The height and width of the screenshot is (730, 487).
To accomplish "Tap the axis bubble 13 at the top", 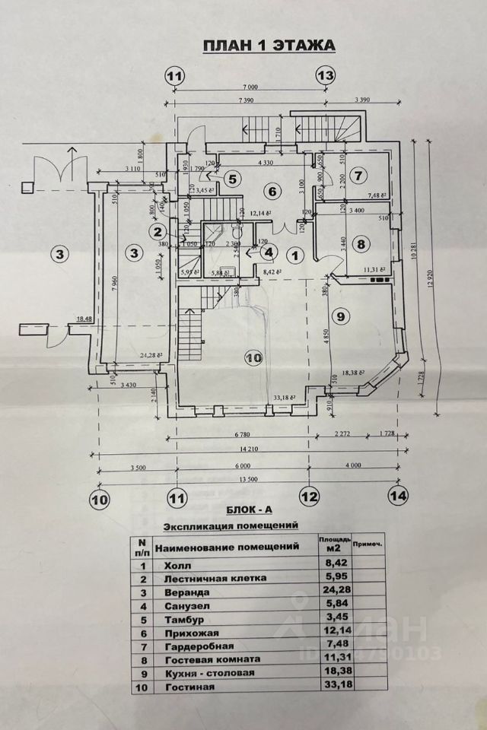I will [x=325, y=76].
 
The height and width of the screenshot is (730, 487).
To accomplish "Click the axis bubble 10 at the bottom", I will [x=100, y=500].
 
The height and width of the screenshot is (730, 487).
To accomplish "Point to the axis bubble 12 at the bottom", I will [x=309, y=497].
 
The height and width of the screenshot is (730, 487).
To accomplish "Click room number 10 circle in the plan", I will [x=254, y=356].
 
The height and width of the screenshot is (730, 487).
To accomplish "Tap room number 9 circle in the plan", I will [x=340, y=316].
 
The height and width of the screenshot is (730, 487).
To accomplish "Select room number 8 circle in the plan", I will [x=361, y=244].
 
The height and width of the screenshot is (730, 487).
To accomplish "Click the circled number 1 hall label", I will [x=296, y=255].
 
